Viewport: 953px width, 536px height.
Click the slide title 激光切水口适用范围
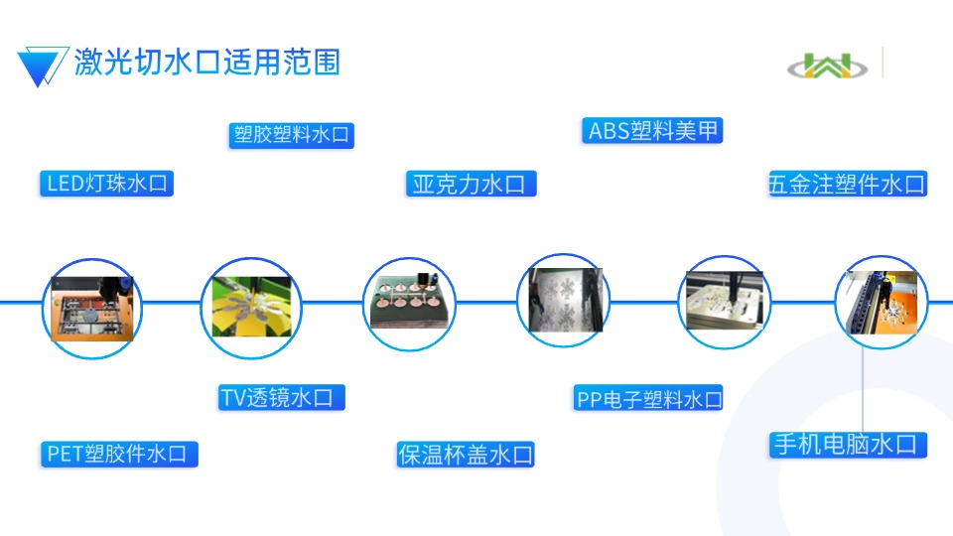point(206,62)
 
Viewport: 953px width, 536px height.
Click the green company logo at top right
point(827,66)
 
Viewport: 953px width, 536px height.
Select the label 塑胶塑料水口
point(292,135)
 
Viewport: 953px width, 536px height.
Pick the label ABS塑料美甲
point(651,131)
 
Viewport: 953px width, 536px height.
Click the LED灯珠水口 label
point(107,183)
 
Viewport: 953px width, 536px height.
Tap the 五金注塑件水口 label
point(847,184)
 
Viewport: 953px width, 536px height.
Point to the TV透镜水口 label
point(282,398)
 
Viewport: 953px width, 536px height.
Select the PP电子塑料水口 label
point(648,399)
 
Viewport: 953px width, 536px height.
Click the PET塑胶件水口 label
point(119,454)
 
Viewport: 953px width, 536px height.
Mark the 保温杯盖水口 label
point(466,455)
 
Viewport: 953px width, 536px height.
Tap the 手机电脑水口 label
point(849,444)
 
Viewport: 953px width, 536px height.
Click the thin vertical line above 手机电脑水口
point(862,387)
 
